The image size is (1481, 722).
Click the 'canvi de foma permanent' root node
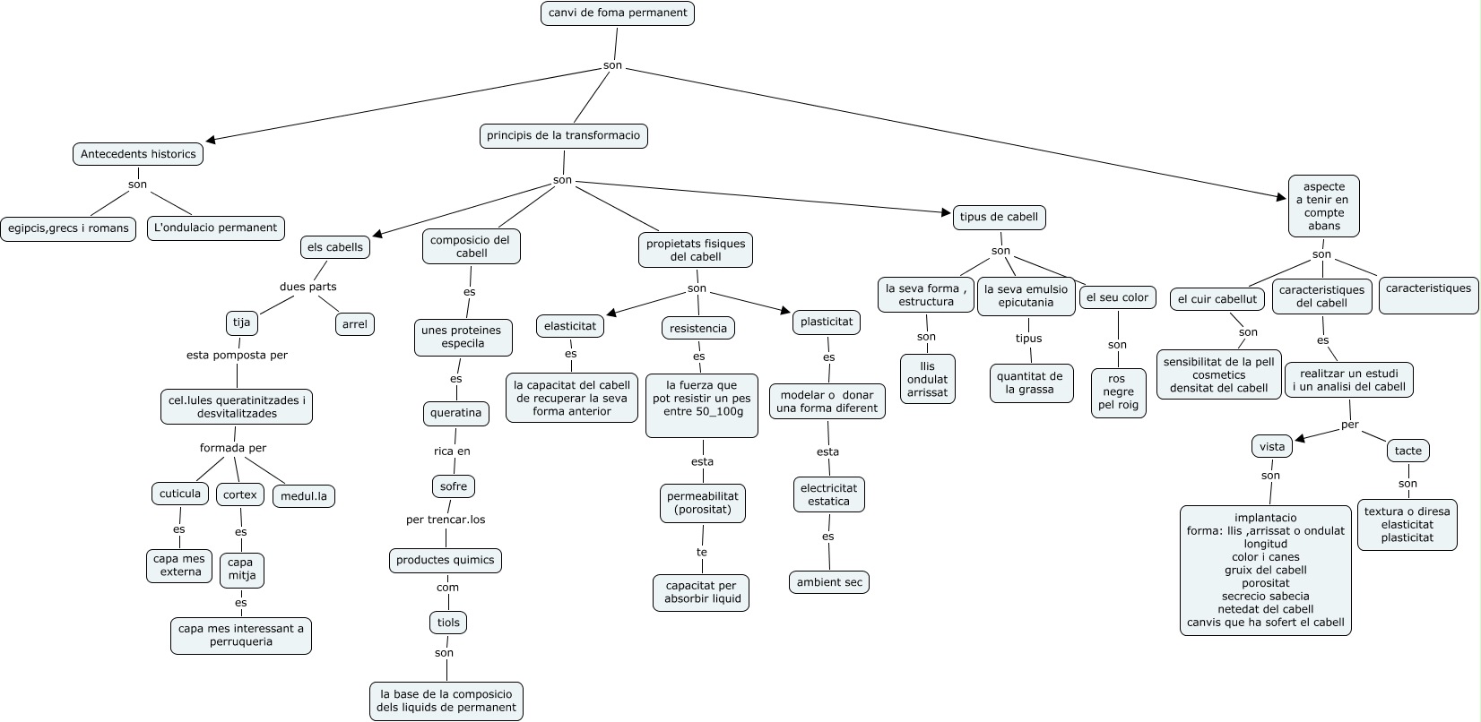pyautogui.click(x=618, y=13)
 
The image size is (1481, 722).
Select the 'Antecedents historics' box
pyautogui.click(x=137, y=154)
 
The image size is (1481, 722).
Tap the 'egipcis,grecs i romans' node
pyautogui.click(x=68, y=228)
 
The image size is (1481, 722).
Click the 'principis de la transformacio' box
pyautogui.click(x=563, y=136)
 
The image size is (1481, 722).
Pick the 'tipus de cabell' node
pyautogui.click(x=999, y=218)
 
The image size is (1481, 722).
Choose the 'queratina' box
pyautogui.click(x=456, y=414)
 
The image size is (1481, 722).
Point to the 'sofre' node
pyautogui.click(x=454, y=486)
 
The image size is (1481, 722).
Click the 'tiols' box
pyautogui.click(x=448, y=623)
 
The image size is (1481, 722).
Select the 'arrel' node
pyautogui.click(x=355, y=324)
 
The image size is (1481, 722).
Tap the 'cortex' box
pyautogui.click(x=240, y=494)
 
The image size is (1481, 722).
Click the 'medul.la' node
pyautogui.click(x=304, y=496)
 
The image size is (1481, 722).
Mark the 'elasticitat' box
pyautogui.click(x=570, y=326)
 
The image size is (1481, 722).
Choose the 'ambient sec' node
pyautogui.click(x=829, y=582)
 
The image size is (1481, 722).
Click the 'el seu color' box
pyautogui.click(x=1117, y=297)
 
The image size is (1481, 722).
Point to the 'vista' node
pyautogui.click(x=1272, y=446)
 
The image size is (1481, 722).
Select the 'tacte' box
pyautogui.click(x=1408, y=451)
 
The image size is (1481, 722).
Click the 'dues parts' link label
pyautogui.click(x=308, y=287)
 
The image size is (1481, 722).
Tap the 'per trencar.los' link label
pyautogui.click(x=446, y=520)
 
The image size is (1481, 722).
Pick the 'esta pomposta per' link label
pyautogui.click(x=237, y=355)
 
